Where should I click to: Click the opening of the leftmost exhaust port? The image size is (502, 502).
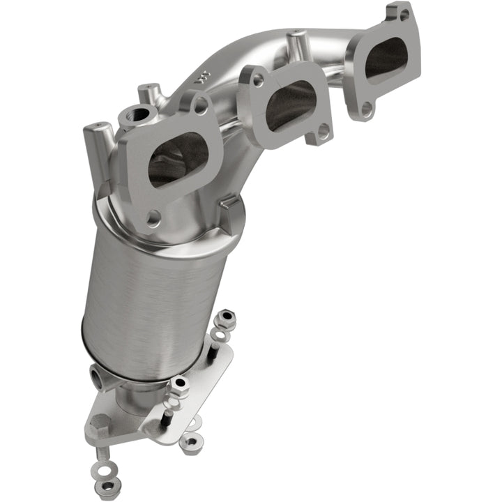[178, 159]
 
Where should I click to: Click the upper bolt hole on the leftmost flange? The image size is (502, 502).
[200, 106]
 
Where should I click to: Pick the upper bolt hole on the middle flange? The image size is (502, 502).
[258, 81]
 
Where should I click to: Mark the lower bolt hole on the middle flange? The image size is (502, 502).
[323, 130]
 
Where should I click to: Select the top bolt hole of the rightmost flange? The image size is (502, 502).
[404, 13]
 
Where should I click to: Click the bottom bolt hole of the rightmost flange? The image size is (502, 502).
[366, 108]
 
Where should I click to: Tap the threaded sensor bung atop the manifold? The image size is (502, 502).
[139, 114]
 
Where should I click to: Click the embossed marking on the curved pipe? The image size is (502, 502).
[204, 75]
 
